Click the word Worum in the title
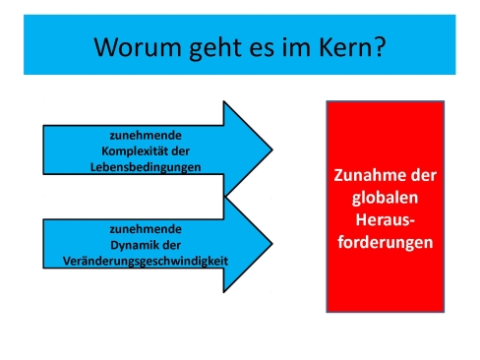128,46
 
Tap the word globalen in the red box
386,197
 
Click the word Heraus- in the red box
386,218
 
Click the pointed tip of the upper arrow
270,150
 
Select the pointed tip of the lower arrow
270,244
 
